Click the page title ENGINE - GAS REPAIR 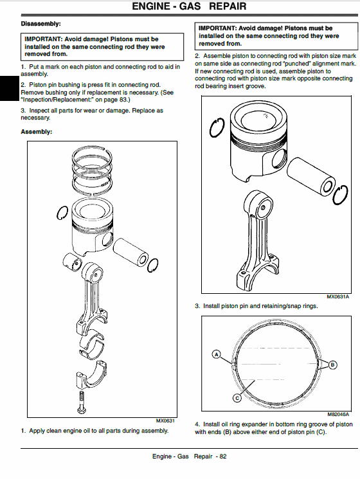(189, 6)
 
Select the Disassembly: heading (40, 24)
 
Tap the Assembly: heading (37, 132)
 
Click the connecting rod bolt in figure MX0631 (82, 402)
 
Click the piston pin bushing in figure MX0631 (73, 262)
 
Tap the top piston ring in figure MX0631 (92, 156)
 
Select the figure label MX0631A (337, 296)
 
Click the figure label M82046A (338, 414)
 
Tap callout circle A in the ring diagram (216, 354)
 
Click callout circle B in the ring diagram (332, 365)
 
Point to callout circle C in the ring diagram (237, 398)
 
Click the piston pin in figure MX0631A (311, 176)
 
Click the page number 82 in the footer (223, 456)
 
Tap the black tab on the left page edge (10, 88)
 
